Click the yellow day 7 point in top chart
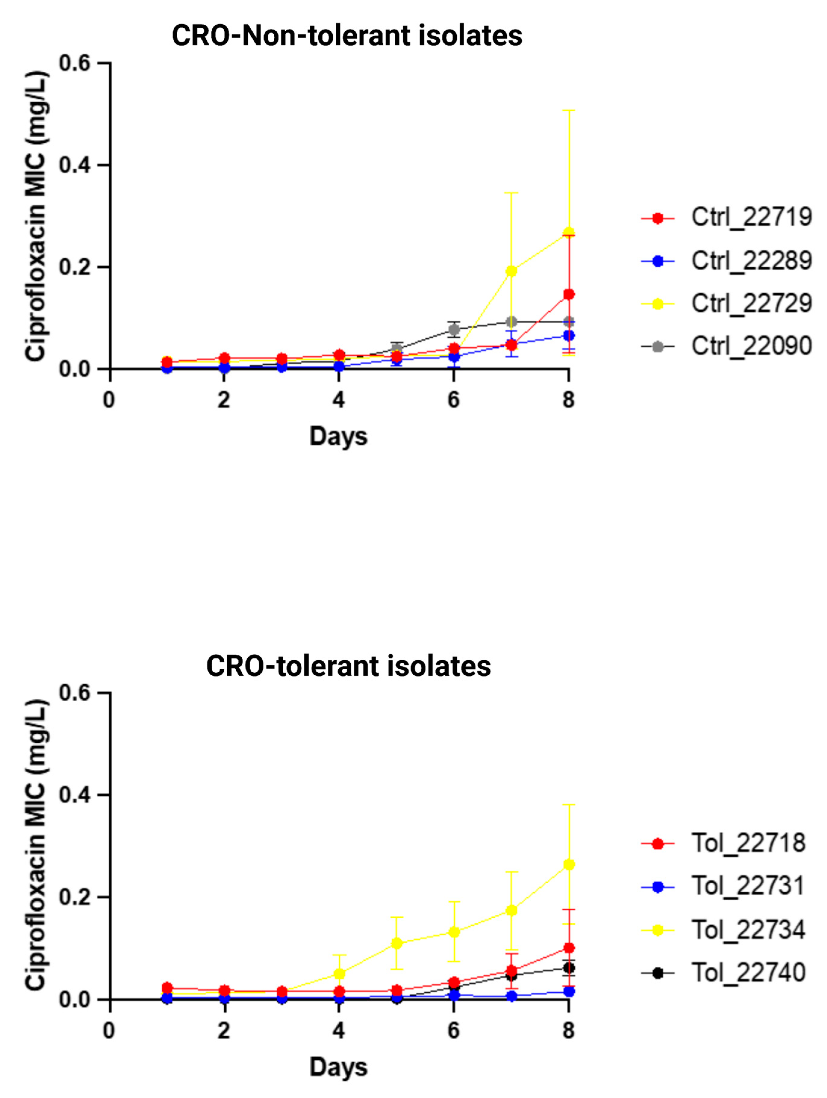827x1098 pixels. tap(511, 271)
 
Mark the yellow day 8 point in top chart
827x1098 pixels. tap(569, 232)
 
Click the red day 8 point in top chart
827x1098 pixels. tap(569, 294)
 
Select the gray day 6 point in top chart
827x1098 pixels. tap(454, 329)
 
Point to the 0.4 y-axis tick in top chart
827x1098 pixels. tap(74, 165)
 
